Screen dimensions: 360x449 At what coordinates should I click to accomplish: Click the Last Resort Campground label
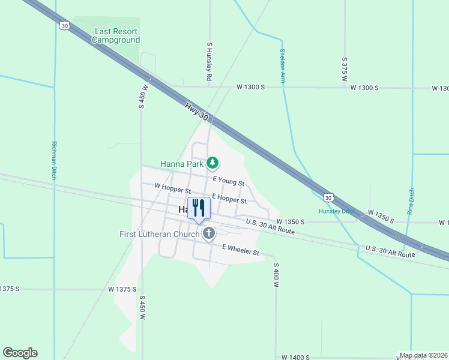(x=116, y=35)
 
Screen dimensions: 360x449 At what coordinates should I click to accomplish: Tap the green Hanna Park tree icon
(x=212, y=163)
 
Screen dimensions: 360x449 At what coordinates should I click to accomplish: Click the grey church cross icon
(x=208, y=233)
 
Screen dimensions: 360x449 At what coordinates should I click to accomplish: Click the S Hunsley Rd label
(x=209, y=62)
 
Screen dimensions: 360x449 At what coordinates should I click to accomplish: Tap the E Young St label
(x=228, y=181)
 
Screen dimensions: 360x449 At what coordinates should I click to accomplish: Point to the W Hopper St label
(x=172, y=190)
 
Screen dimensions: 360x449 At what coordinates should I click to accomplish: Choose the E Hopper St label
(x=229, y=199)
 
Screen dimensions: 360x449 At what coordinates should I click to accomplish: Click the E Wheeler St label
(x=240, y=250)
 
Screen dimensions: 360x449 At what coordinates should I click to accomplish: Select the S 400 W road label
(x=276, y=275)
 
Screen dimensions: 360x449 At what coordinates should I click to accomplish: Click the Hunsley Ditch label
(x=337, y=211)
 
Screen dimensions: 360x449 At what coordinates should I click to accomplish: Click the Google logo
(x=20, y=353)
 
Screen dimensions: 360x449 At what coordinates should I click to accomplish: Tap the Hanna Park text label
(x=182, y=163)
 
